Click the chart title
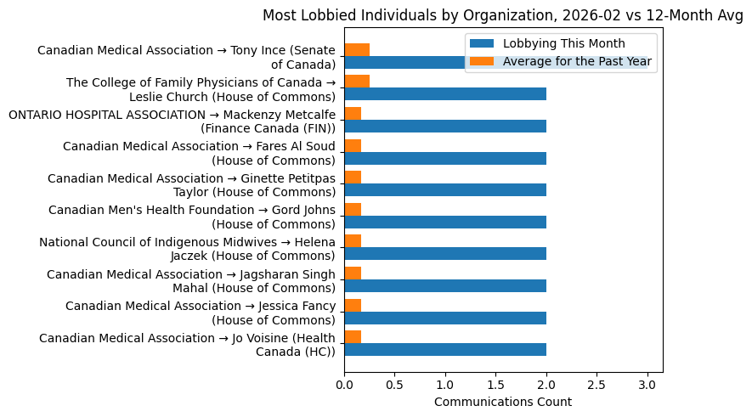[x=503, y=15]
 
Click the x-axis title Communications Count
[x=503, y=402]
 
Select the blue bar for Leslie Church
[x=445, y=94]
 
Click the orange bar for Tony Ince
[x=357, y=49]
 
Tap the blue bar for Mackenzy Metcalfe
[x=445, y=127]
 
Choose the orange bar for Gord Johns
[x=353, y=210]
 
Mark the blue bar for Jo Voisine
[x=445, y=350]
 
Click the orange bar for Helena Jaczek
[x=353, y=241]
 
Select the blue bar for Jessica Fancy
[x=445, y=318]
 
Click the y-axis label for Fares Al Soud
[x=200, y=153]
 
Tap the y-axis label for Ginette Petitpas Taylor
[x=192, y=185]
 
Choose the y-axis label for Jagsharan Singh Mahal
[x=191, y=281]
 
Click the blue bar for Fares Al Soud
[x=445, y=158]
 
